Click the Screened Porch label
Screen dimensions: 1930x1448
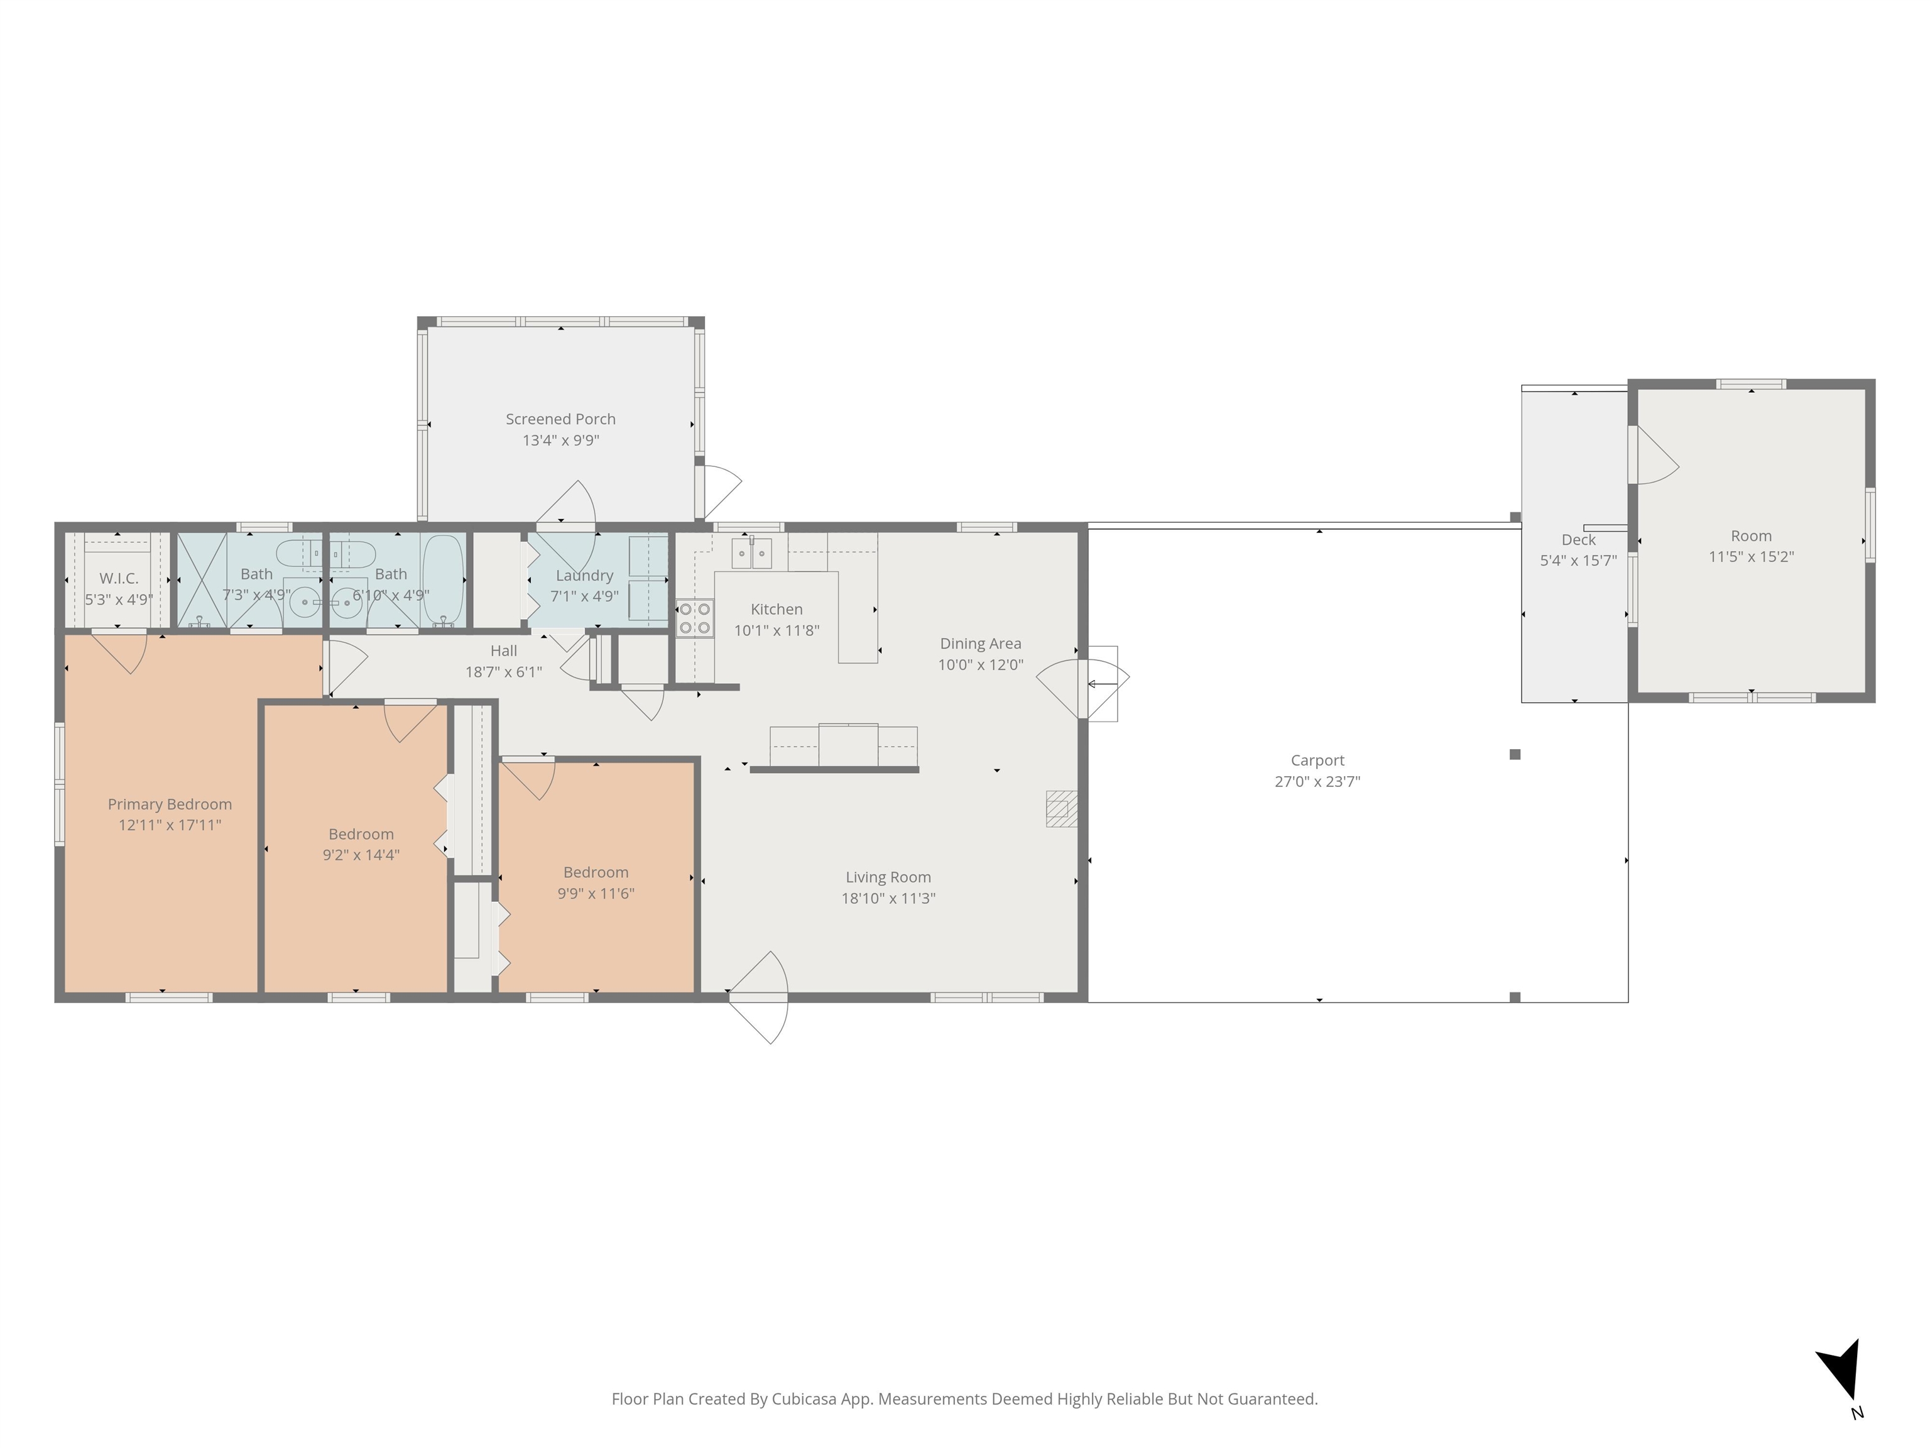click(x=560, y=419)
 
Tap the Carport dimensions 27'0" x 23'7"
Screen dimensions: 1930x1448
click(x=1317, y=781)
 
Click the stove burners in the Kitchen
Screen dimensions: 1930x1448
click(x=694, y=618)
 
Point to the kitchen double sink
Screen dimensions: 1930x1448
click(x=751, y=553)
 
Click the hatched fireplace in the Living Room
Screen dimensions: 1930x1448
click(x=1062, y=808)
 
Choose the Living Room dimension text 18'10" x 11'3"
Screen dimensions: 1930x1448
click(x=888, y=898)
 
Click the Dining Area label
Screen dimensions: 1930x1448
click(x=980, y=644)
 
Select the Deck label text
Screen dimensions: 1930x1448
click(x=1578, y=539)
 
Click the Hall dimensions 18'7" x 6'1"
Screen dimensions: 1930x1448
click(x=503, y=672)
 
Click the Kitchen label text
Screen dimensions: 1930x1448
click(x=777, y=609)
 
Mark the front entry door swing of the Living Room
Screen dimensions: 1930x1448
click(x=758, y=997)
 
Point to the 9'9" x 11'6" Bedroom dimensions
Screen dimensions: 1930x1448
click(x=596, y=893)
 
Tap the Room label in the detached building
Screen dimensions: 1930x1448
click(x=1751, y=536)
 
